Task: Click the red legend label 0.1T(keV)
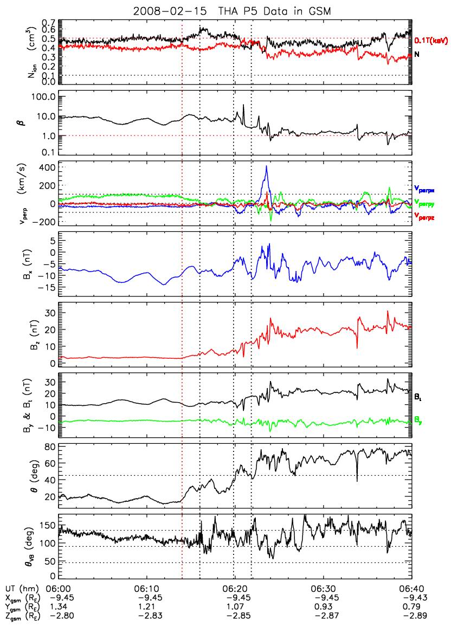[431, 41]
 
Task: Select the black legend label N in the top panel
[417, 55]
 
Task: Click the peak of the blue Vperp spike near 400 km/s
[267, 166]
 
